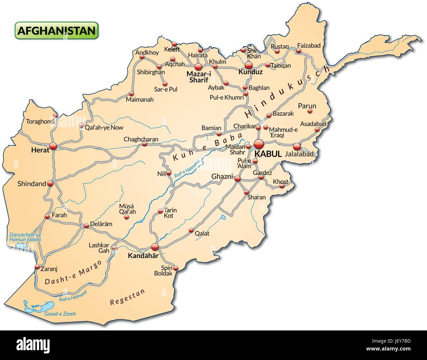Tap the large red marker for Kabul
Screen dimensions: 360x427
[259, 144]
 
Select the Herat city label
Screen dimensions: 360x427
[40, 150]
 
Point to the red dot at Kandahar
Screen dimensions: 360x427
[155, 247]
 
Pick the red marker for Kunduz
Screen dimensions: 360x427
[248, 65]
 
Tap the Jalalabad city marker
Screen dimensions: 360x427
[297, 146]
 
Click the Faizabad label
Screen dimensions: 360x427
[308, 46]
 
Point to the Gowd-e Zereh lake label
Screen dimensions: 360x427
[60, 314]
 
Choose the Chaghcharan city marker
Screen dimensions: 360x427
[144, 144]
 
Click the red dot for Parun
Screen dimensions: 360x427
[309, 111]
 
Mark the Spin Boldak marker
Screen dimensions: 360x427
[176, 268]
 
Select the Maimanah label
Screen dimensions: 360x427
[140, 99]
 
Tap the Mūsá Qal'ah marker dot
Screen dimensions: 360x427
[129, 217]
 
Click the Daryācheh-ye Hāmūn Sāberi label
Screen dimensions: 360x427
[25, 237]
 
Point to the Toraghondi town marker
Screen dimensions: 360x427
[55, 115]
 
